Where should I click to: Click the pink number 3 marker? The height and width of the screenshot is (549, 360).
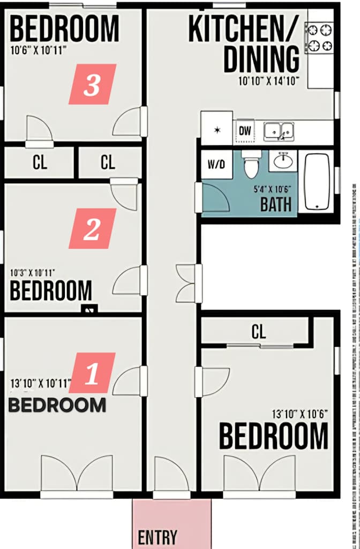(x=92, y=84)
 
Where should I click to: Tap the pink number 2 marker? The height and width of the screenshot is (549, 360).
(x=92, y=228)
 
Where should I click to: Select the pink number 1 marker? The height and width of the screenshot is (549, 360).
(x=92, y=373)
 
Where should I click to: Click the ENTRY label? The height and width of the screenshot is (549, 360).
(x=157, y=537)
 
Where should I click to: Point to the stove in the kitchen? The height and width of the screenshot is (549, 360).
(x=320, y=38)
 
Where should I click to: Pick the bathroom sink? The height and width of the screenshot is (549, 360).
(x=283, y=160)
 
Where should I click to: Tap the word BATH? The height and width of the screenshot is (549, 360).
(x=276, y=204)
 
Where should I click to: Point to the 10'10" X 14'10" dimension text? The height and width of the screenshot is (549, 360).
(x=268, y=81)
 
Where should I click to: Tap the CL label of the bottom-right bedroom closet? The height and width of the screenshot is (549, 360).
(x=259, y=332)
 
